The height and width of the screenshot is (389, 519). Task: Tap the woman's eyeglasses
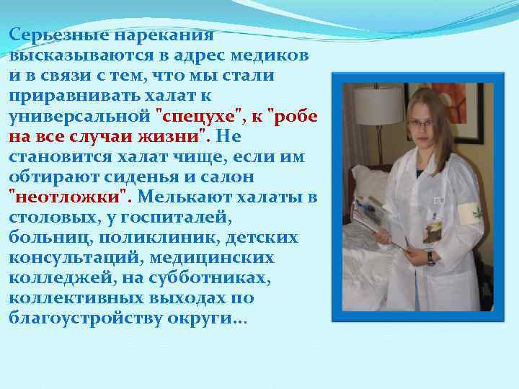pyautogui.click(x=421, y=122)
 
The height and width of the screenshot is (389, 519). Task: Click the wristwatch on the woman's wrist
pyautogui.click(x=430, y=257)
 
